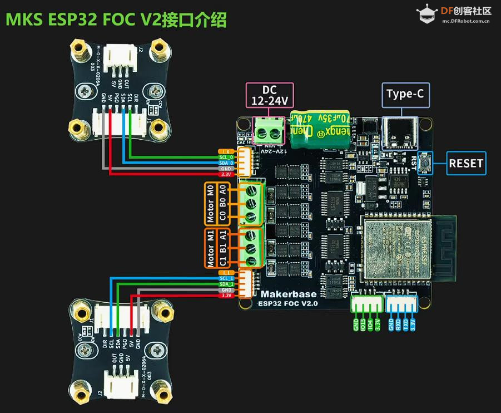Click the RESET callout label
pos(467,164)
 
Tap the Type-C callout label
pos(405,95)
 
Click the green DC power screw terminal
pos(269,131)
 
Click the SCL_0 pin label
pos(226,156)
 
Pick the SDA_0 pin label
pos(226,162)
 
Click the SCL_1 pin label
pos(226,278)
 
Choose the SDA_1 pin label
pos(226,284)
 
